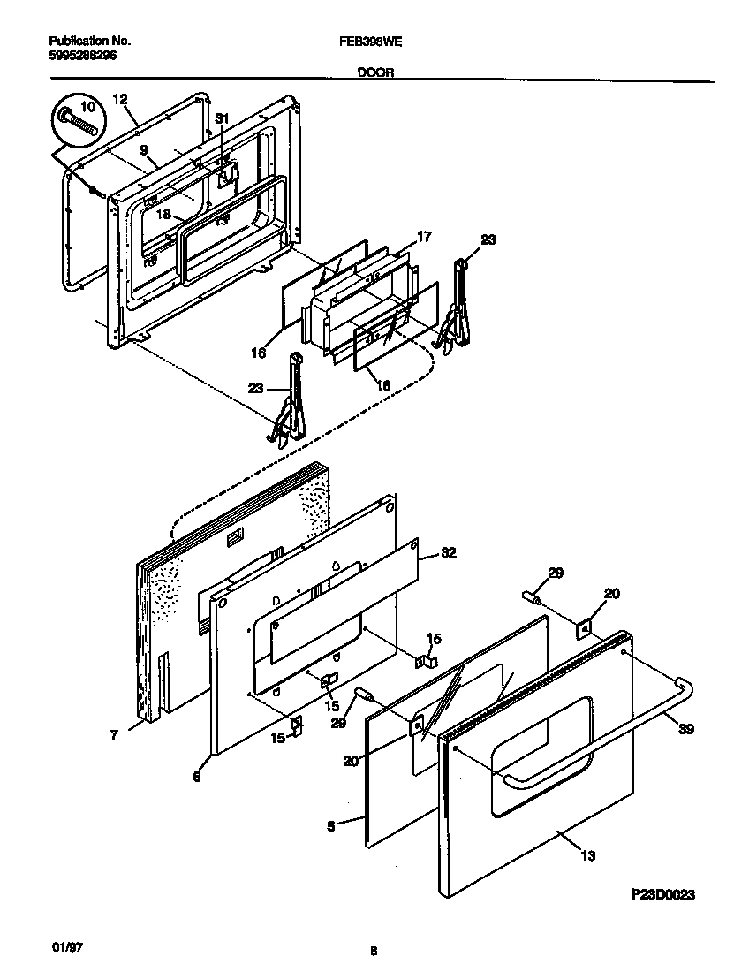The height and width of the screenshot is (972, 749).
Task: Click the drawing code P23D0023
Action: pyautogui.click(x=663, y=895)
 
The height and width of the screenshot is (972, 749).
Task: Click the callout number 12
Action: pyautogui.click(x=121, y=100)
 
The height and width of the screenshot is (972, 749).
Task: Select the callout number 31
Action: pyautogui.click(x=222, y=118)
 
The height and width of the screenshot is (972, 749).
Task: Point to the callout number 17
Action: pyautogui.click(x=424, y=237)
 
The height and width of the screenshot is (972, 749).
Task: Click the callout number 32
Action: pyautogui.click(x=449, y=553)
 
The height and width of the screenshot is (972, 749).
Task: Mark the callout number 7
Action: pyautogui.click(x=115, y=734)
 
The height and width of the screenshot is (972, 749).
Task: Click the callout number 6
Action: pyautogui.click(x=197, y=776)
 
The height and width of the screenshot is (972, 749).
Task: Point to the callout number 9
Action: pyautogui.click(x=143, y=151)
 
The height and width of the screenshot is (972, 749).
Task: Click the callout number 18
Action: pyautogui.click(x=164, y=214)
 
